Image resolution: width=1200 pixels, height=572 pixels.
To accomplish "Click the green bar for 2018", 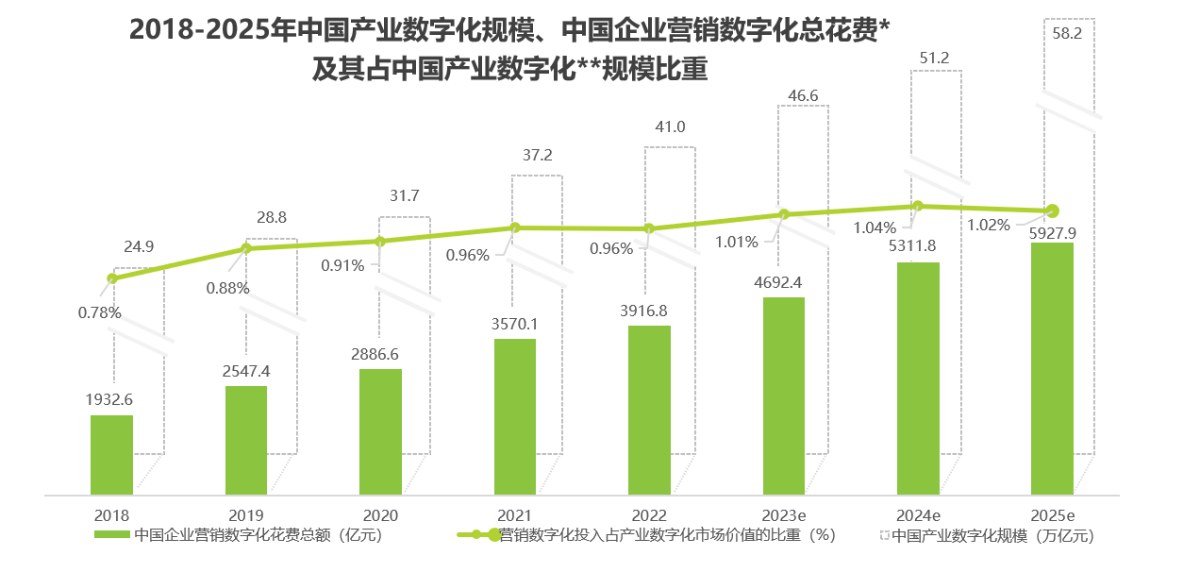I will tap(111, 454).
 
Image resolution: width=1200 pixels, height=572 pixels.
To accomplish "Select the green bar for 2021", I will tap(515, 415).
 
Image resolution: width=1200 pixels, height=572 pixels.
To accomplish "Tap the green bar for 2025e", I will tap(1052, 368).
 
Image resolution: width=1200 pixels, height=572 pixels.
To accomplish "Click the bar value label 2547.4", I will tap(245, 371).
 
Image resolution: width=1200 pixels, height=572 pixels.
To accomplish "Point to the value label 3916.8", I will tap(649, 311).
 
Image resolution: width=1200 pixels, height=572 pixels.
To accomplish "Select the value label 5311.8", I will tap(918, 247).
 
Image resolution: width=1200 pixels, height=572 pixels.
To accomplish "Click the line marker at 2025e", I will tap(1053, 210).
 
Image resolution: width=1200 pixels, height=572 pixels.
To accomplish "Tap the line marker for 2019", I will tap(246, 248).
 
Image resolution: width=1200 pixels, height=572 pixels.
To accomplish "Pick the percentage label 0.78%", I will tap(99, 312).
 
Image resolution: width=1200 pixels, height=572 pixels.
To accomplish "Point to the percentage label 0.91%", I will tap(342, 265).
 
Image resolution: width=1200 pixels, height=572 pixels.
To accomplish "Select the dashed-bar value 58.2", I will tap(1068, 32).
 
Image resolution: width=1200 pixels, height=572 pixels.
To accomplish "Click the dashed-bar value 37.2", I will tap(537, 155).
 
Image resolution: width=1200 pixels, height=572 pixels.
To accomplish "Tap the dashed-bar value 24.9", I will tap(139, 247).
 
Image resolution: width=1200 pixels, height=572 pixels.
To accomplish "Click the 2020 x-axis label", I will tap(380, 515).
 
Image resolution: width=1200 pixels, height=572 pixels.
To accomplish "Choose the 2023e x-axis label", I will tap(784, 515).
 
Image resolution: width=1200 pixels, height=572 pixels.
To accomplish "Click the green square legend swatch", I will tap(112, 536).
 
